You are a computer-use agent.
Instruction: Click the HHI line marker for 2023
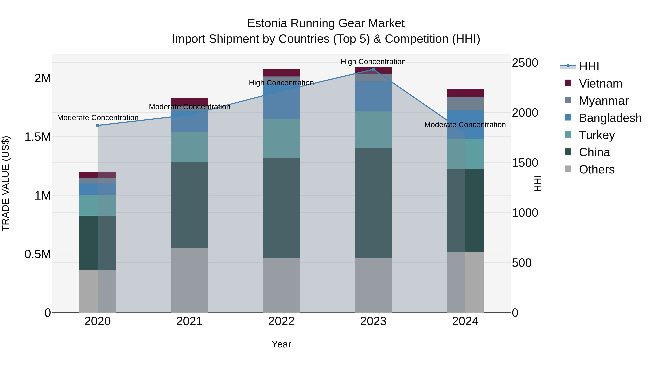click(373, 69)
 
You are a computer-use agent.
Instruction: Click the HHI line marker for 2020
click(98, 125)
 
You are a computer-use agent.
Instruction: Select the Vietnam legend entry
click(600, 84)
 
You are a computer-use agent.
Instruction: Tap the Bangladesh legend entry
click(610, 118)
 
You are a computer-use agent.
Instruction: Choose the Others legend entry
click(597, 169)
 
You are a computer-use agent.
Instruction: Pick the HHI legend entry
click(589, 66)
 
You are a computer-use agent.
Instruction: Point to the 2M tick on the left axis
click(43, 78)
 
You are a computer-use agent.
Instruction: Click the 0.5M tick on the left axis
click(38, 254)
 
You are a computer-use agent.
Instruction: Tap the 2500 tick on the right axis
click(525, 63)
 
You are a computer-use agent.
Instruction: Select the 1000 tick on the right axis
click(525, 213)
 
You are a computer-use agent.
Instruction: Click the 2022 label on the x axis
click(281, 321)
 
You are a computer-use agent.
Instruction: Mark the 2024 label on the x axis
click(465, 321)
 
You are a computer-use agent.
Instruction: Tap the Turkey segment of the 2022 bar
click(281, 138)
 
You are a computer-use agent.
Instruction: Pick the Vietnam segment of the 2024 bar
click(465, 93)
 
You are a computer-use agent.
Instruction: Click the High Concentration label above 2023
click(373, 62)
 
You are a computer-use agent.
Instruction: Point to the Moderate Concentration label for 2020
click(98, 118)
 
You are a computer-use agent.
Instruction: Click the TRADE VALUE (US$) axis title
click(6, 183)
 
